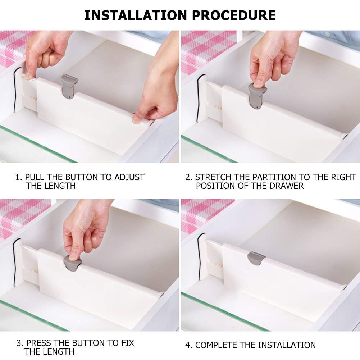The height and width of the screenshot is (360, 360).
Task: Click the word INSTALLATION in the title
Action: [x=136, y=15]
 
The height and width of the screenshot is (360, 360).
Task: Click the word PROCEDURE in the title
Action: [x=234, y=15]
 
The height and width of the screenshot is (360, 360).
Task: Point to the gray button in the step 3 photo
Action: [x=72, y=263]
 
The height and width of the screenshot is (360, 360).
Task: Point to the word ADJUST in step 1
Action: [x=129, y=177]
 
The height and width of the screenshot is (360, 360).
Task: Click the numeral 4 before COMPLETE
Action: [x=188, y=345]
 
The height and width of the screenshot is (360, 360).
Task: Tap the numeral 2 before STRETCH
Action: [x=188, y=177]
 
